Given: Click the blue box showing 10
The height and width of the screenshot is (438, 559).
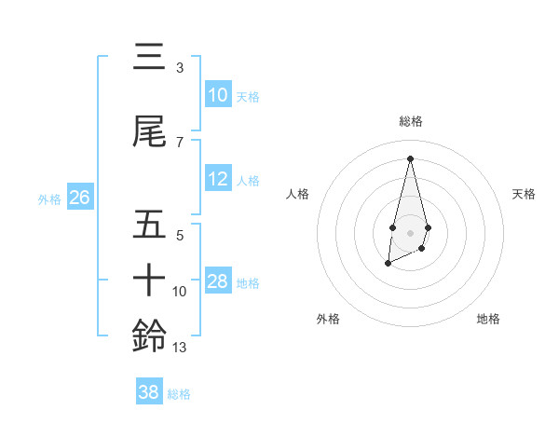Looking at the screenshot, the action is pyautogui.click(x=218, y=95).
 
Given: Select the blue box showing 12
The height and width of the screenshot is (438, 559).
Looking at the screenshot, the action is pyautogui.click(x=218, y=179).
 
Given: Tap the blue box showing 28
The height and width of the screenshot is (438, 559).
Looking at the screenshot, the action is pyautogui.click(x=218, y=281).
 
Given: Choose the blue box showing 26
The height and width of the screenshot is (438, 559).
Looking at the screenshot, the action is pyautogui.click(x=79, y=197).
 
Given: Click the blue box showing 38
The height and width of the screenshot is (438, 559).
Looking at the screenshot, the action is pyautogui.click(x=149, y=392).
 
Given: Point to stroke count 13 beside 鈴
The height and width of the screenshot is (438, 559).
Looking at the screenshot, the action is pyautogui.click(x=180, y=348).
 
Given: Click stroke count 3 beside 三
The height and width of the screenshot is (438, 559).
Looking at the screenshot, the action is pyautogui.click(x=180, y=67).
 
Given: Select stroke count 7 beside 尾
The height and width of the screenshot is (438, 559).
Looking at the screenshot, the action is pyautogui.click(x=180, y=142).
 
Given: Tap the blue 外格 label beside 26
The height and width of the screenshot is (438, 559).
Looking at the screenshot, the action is pyautogui.click(x=49, y=198).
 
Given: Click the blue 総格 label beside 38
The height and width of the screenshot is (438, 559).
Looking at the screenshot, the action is pyautogui.click(x=179, y=394).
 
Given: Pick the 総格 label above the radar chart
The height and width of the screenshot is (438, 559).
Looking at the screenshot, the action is pyautogui.click(x=410, y=121).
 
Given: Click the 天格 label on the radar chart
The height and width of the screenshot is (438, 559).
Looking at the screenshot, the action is pyautogui.click(x=525, y=194).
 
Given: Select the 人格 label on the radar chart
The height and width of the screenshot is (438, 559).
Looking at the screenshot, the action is pyautogui.click(x=297, y=194).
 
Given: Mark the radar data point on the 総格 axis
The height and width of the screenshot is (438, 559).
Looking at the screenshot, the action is pyautogui.click(x=410, y=157).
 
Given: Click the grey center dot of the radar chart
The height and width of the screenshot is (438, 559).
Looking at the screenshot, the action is pyautogui.click(x=410, y=231).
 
